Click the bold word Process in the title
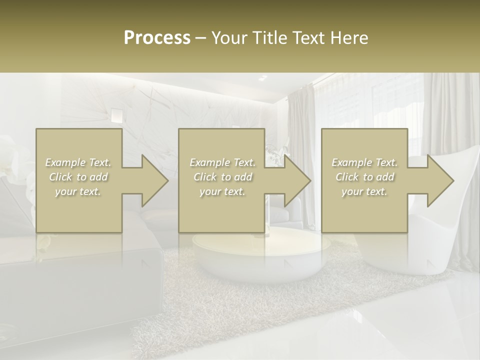pyautogui.click(x=157, y=38)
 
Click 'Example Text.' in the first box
pyautogui.click(x=78, y=162)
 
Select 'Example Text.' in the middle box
pyautogui.click(x=222, y=162)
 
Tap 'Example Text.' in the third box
pyautogui.click(x=364, y=162)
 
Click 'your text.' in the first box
pyautogui.click(x=78, y=191)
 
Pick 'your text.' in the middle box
pyautogui.click(x=222, y=191)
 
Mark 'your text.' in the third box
pyautogui.click(x=364, y=191)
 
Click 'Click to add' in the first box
pyautogui.click(x=78, y=177)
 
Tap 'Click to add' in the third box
pyautogui.click(x=364, y=177)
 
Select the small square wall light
pyautogui.click(x=116, y=115)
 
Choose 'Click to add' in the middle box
pyautogui.click(x=222, y=177)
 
